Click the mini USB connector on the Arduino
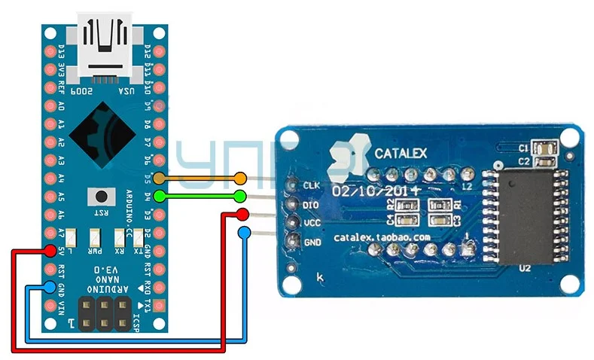105,44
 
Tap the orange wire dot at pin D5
159,178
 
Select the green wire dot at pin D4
159,197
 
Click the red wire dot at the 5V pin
50,251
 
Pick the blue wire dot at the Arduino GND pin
50,286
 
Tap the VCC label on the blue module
311,224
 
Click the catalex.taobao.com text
382,237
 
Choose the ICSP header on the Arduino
103,313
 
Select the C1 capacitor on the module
544,148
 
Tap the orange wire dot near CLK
240,178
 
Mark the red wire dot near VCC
242,215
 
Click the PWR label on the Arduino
96,251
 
